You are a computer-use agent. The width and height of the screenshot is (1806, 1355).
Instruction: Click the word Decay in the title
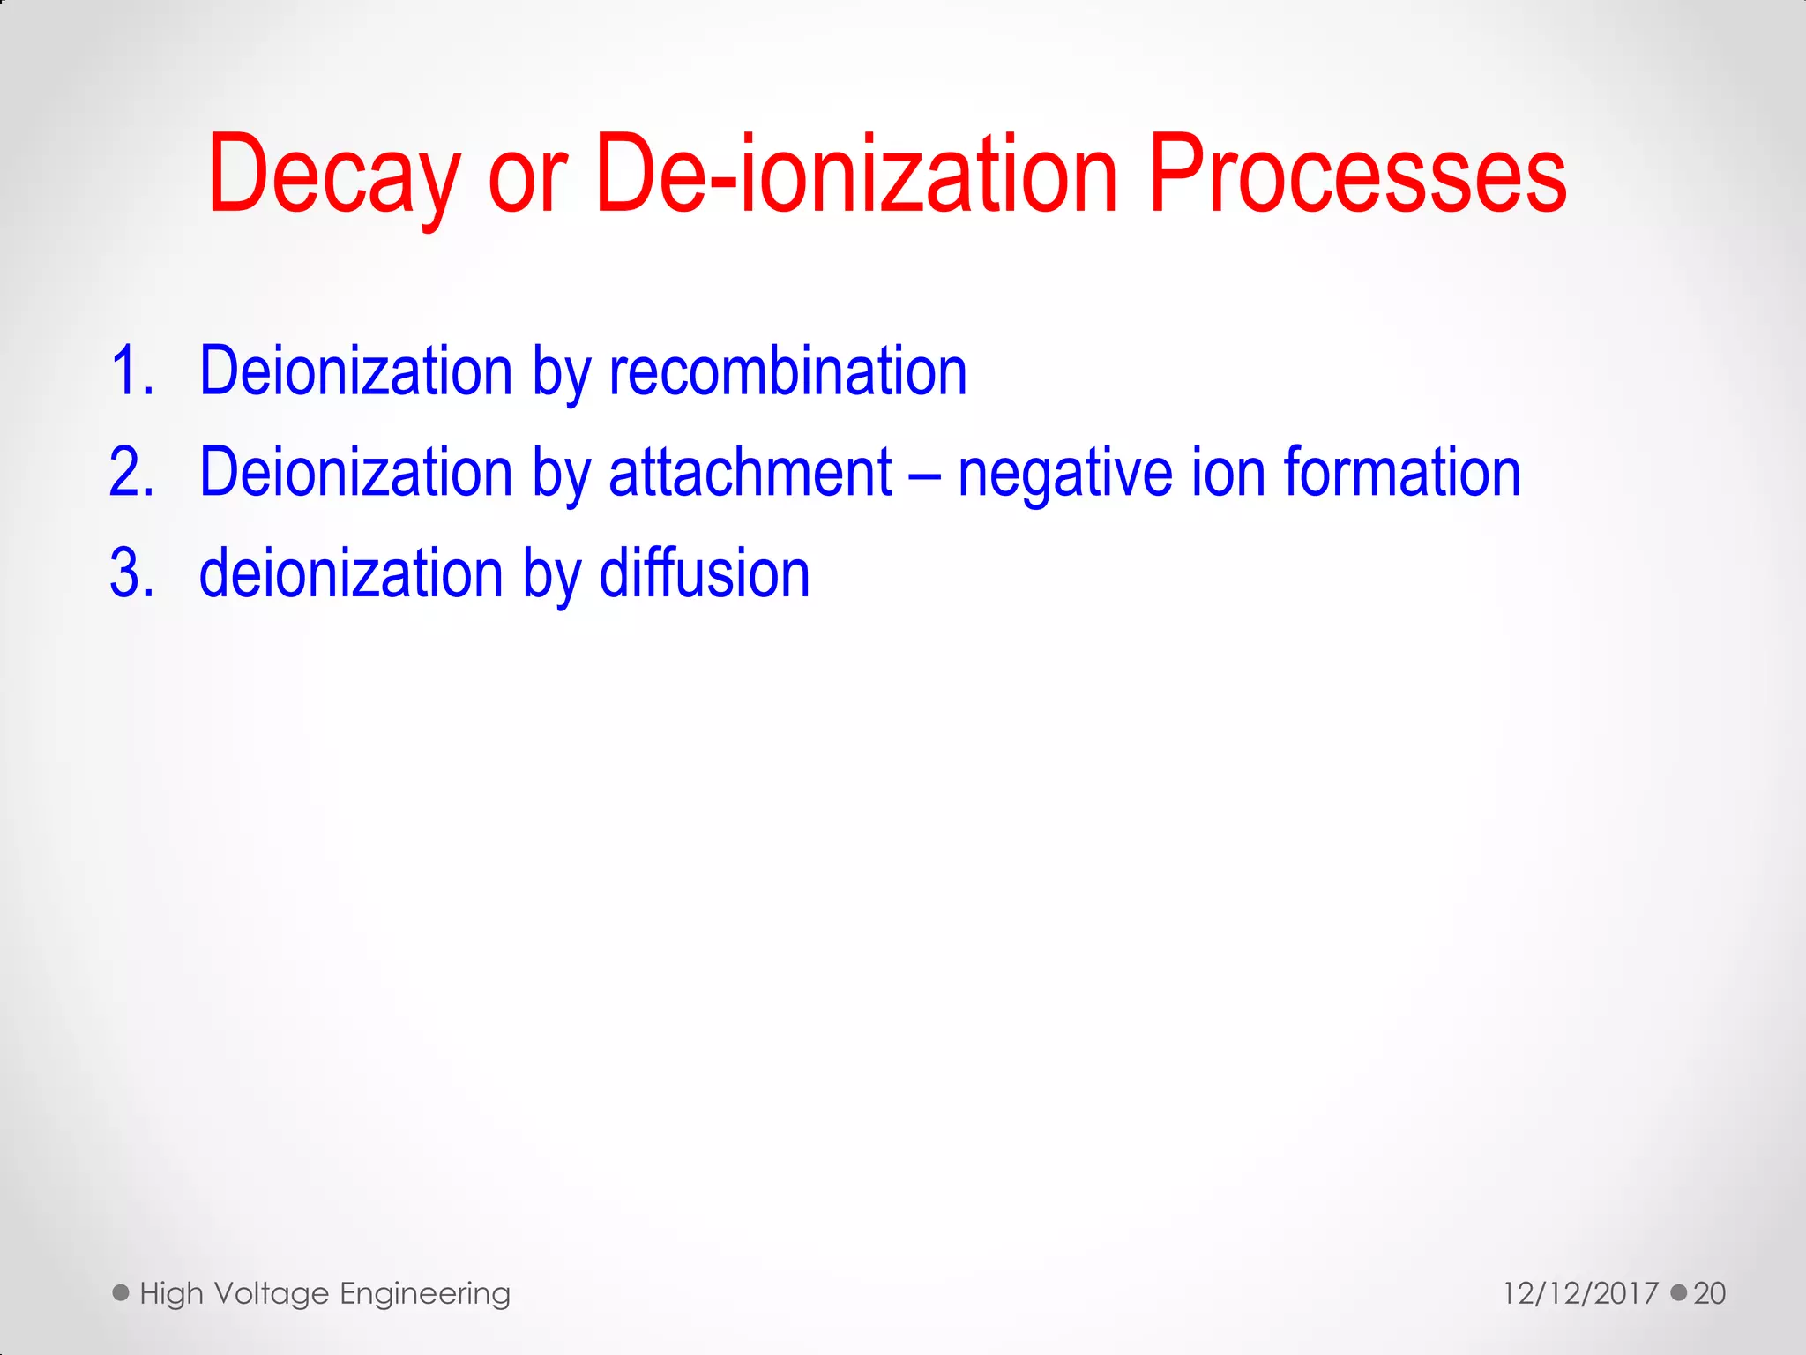coord(333,175)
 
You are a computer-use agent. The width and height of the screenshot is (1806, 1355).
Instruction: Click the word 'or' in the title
coord(526,181)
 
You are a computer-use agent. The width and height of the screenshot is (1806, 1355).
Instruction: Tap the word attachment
coord(750,473)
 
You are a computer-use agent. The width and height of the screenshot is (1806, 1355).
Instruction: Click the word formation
coord(1402,473)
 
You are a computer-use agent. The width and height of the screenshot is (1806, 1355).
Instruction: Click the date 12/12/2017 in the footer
coord(1580,1293)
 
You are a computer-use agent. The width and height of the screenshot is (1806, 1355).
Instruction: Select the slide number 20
coord(1709,1293)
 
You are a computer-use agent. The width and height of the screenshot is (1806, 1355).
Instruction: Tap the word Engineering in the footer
coord(425,1294)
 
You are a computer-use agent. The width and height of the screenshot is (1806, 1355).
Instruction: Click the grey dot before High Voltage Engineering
coord(121,1293)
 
